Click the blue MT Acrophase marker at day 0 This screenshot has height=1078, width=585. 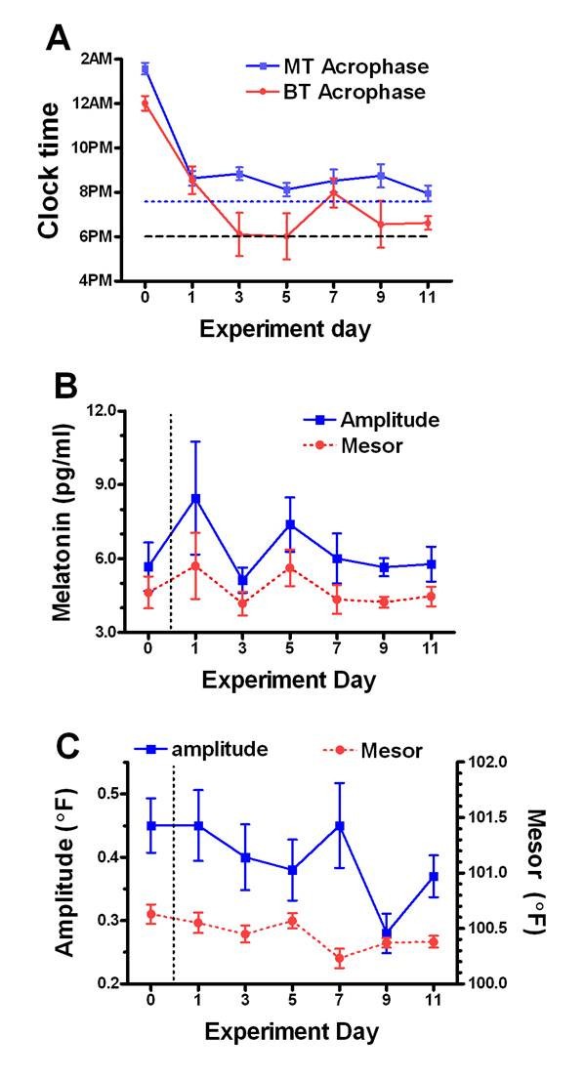(145, 69)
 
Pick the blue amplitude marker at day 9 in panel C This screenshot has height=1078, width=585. (386, 933)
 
